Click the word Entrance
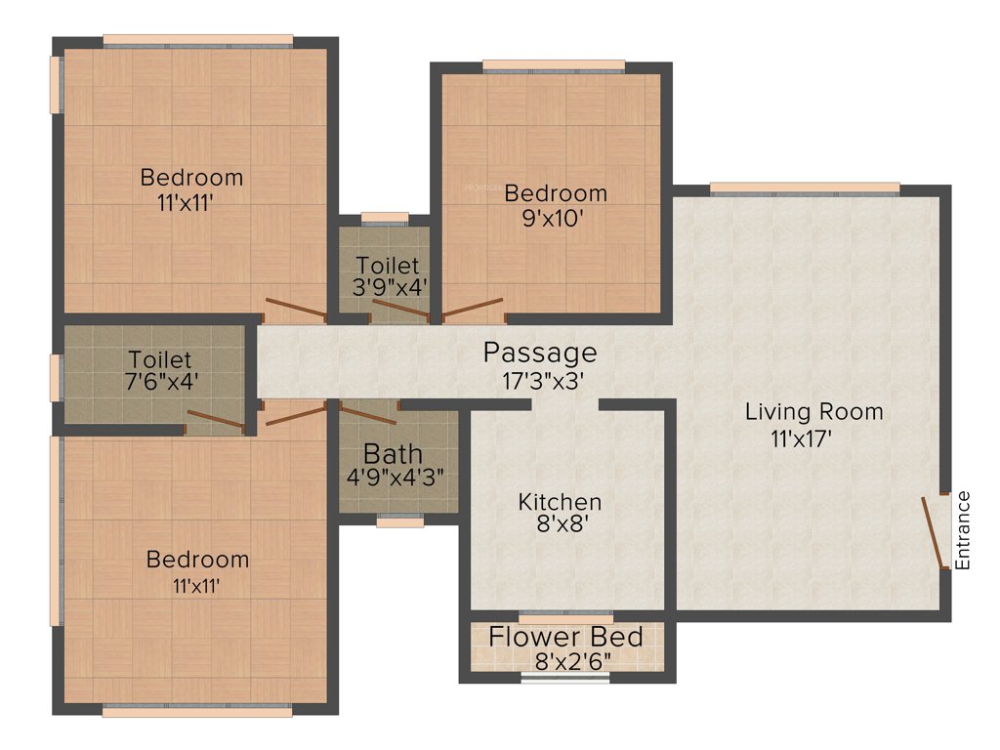pyautogui.click(x=962, y=530)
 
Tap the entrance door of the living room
pyautogui.click(x=934, y=532)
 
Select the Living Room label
pyautogui.click(x=813, y=411)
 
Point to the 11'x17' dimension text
pyautogui.click(x=801, y=439)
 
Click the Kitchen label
pyautogui.click(x=560, y=502)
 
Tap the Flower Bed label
pyautogui.click(x=566, y=638)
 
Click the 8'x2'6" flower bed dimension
pyautogui.click(x=572, y=661)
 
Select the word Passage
pyautogui.click(x=540, y=352)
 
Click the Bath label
pyautogui.click(x=393, y=454)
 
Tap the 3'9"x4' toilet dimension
pyautogui.click(x=389, y=287)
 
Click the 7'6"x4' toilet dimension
pyautogui.click(x=164, y=382)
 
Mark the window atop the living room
pyautogui.click(x=805, y=188)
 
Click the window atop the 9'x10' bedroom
pyautogui.click(x=554, y=66)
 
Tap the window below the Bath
pyautogui.click(x=400, y=521)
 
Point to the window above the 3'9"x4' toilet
pyautogui.click(x=385, y=217)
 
